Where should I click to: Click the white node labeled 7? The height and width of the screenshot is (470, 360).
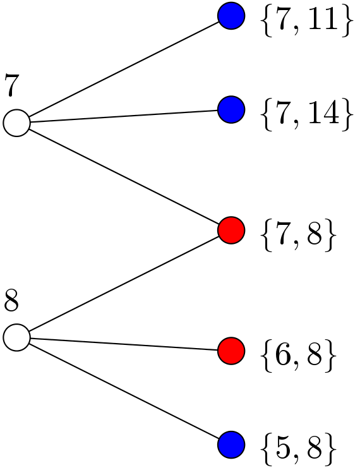point(16,123)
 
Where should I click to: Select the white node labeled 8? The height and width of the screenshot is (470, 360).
point(16,337)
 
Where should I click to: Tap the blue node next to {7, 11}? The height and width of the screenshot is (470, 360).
point(231,15)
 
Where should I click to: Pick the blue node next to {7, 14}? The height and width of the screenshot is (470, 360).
point(231,110)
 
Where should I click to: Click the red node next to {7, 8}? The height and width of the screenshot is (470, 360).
point(231,229)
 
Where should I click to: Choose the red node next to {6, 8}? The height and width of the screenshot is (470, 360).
point(231,349)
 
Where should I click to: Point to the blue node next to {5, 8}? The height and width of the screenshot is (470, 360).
point(231,445)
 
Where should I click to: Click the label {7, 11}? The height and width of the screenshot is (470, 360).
point(304,22)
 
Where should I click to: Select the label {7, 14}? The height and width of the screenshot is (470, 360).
point(304,116)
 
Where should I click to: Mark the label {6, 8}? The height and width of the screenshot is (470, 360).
point(296,356)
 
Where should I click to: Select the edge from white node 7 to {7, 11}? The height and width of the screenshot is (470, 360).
point(123,69)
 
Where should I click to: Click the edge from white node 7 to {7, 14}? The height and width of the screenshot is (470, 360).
point(123,116)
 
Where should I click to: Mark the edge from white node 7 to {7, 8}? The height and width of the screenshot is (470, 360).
point(123,176)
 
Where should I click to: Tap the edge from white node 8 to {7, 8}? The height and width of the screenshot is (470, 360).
point(123,283)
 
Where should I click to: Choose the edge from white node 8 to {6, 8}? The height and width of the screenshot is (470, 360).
point(123,343)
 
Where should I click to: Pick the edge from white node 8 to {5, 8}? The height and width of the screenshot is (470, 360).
point(123,390)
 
